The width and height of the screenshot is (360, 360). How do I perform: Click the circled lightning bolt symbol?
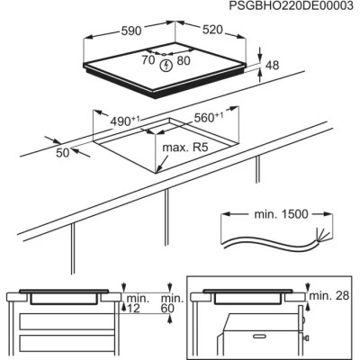point(166,64)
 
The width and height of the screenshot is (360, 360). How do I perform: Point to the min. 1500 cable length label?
point(263,217)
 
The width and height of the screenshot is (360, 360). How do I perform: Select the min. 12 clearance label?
point(136,303)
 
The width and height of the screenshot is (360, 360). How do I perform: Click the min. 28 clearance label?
point(329,295)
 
